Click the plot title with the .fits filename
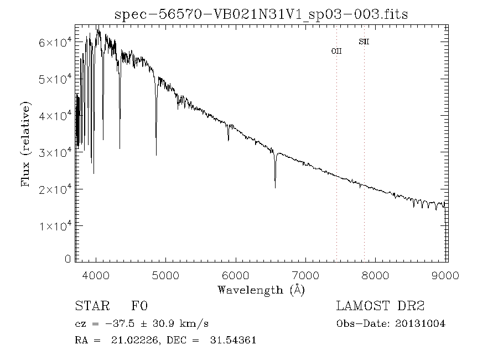[261, 14]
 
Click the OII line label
[336, 51]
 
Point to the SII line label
[364, 42]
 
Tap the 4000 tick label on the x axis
[96, 275]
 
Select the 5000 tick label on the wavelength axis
[166, 275]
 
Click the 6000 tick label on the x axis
[236, 275]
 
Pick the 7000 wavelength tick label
[306, 275]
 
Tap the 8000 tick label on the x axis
[376, 275]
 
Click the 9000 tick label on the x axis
[445, 275]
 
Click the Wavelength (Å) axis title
[261, 289]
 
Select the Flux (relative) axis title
[26, 144]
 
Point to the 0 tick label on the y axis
[68, 259]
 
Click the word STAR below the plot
[89, 306]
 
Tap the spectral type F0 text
[139, 306]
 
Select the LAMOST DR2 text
[380, 306]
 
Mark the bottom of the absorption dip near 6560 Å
[275, 187]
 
